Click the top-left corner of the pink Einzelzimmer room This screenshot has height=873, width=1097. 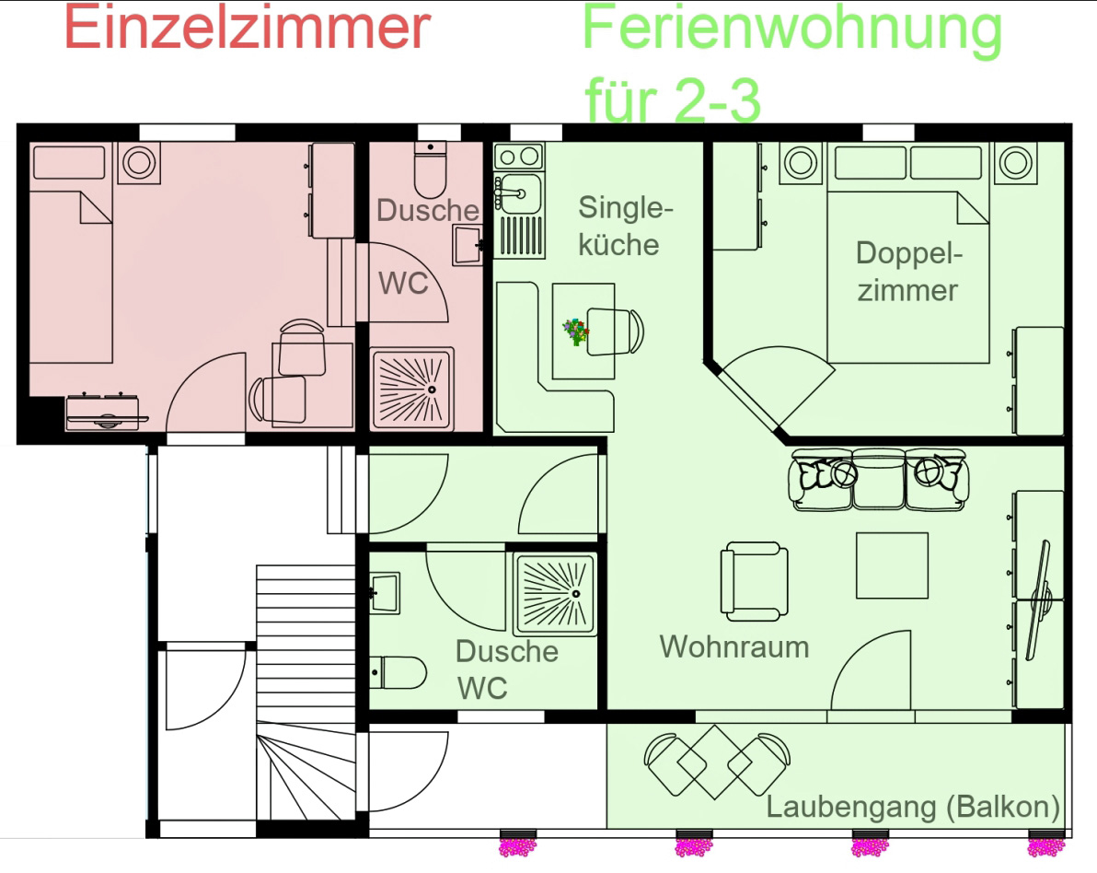(29, 142)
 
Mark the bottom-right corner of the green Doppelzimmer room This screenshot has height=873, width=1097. (1064, 436)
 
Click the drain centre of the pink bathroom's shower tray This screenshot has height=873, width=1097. (432, 390)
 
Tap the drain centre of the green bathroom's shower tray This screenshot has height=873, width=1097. (576, 594)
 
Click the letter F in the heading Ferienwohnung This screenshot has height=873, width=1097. (599, 27)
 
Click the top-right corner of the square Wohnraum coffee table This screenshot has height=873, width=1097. (928, 533)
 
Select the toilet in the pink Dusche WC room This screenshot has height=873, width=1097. (431, 170)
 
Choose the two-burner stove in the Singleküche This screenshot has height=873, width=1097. (518, 157)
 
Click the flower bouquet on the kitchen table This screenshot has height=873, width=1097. (576, 332)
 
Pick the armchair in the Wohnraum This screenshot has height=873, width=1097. (755, 582)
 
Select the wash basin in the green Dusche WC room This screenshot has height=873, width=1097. (384, 593)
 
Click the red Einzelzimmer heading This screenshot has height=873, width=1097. (247, 27)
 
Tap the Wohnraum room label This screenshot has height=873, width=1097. (733, 646)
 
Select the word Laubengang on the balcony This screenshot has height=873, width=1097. (850, 808)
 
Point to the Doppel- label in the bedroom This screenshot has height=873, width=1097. (909, 253)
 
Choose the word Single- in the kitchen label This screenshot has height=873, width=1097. (626, 208)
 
